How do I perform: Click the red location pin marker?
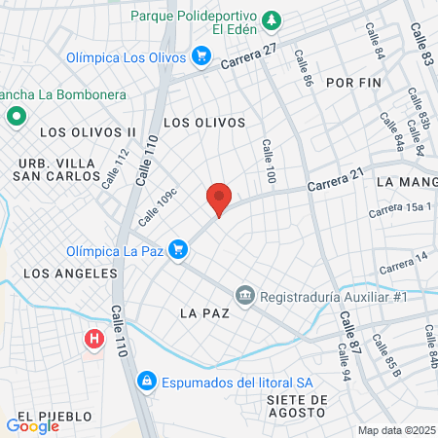219,200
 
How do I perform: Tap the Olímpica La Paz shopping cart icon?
177,250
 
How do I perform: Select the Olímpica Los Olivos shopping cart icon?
201,56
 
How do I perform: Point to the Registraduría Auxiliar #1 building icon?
244,294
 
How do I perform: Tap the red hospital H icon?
94,339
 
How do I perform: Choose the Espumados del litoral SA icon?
146,381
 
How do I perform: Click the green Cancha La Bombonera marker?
16,117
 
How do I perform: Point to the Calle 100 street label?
269,162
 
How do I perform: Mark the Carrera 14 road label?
403,261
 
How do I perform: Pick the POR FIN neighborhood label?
351,83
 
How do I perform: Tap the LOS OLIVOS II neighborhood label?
88,130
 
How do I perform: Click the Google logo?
32,425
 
